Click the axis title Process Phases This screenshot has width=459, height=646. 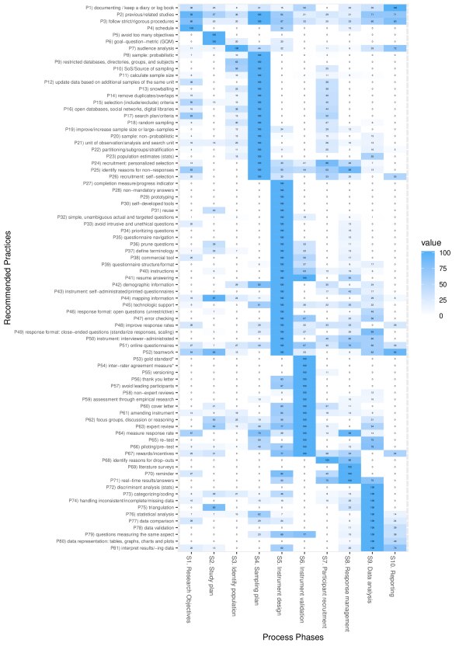(291, 637)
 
